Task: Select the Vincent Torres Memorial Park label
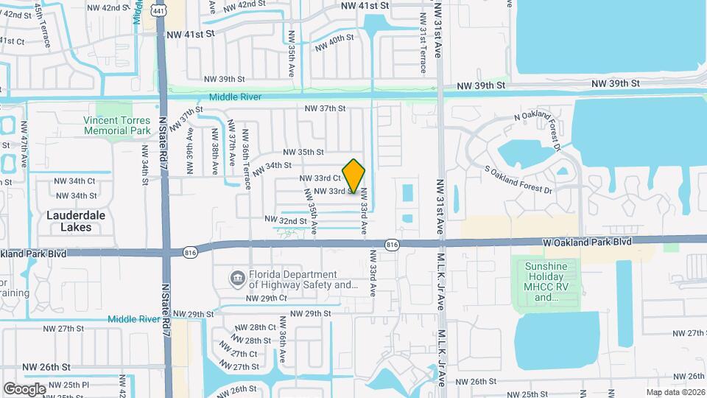[117, 125]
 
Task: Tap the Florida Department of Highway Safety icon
[238, 278]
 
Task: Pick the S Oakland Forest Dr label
[518, 180]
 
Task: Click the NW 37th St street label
[326, 108]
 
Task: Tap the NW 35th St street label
[303, 152]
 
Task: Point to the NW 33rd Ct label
[320, 178]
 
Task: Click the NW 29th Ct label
[266, 298]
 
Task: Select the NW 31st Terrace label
[422, 52]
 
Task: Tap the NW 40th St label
[334, 44]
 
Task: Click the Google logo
[24, 388]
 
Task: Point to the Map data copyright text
[675, 392]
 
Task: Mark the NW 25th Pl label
[66, 385]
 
